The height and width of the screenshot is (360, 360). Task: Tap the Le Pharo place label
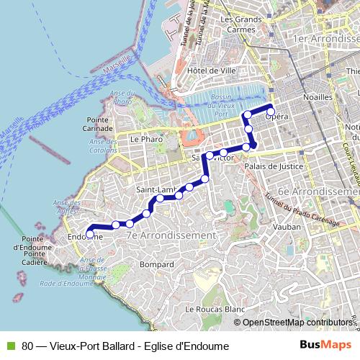(143, 138)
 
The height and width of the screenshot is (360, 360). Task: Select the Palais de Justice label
(274, 166)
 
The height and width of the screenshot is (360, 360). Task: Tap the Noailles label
(318, 96)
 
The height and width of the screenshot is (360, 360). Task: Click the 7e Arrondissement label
(170, 235)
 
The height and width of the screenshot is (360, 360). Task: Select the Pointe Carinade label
(99, 124)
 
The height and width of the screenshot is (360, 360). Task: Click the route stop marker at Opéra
(271, 112)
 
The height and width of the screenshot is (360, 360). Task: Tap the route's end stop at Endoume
(90, 233)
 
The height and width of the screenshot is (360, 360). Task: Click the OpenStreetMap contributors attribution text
(296, 323)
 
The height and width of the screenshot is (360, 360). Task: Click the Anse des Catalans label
(103, 145)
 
